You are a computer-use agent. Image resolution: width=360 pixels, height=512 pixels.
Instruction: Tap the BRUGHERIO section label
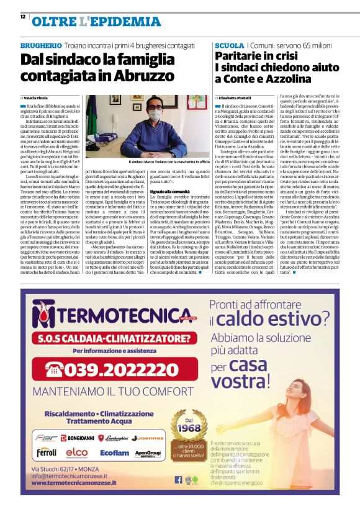(41, 46)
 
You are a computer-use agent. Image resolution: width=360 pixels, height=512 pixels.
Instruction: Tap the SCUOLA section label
(229, 46)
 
